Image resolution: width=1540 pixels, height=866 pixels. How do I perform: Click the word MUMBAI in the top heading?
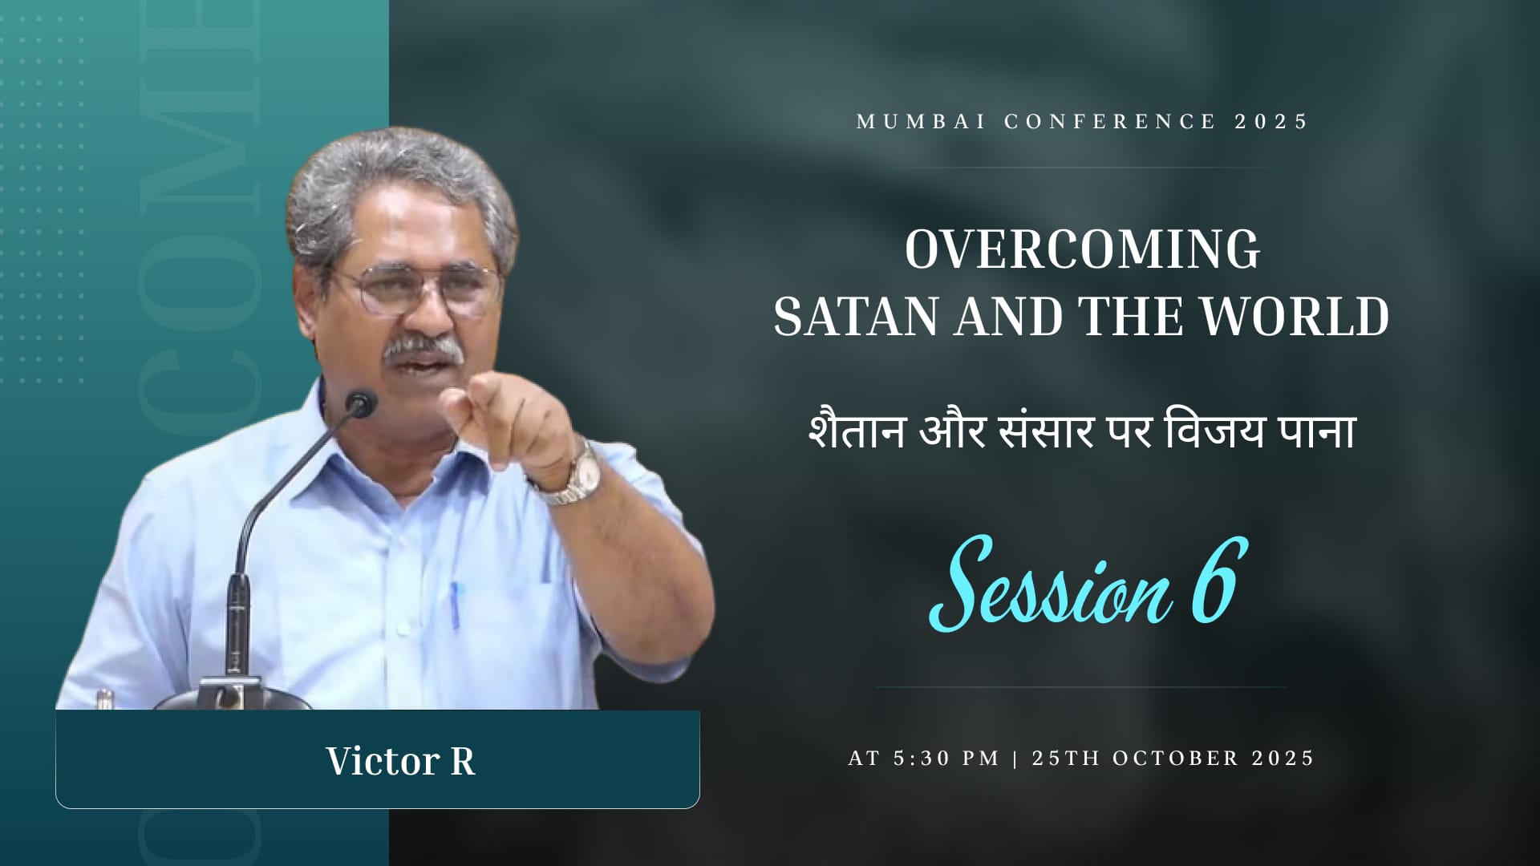click(921, 122)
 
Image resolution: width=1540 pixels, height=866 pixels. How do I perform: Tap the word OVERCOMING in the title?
click(1083, 249)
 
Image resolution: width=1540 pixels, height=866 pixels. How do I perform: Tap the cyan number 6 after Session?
click(1219, 581)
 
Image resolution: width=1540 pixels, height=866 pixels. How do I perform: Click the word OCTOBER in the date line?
click(1176, 759)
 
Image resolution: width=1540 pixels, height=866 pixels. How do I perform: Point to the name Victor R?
click(400, 761)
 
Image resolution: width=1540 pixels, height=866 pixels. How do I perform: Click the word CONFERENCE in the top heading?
click(1110, 122)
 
